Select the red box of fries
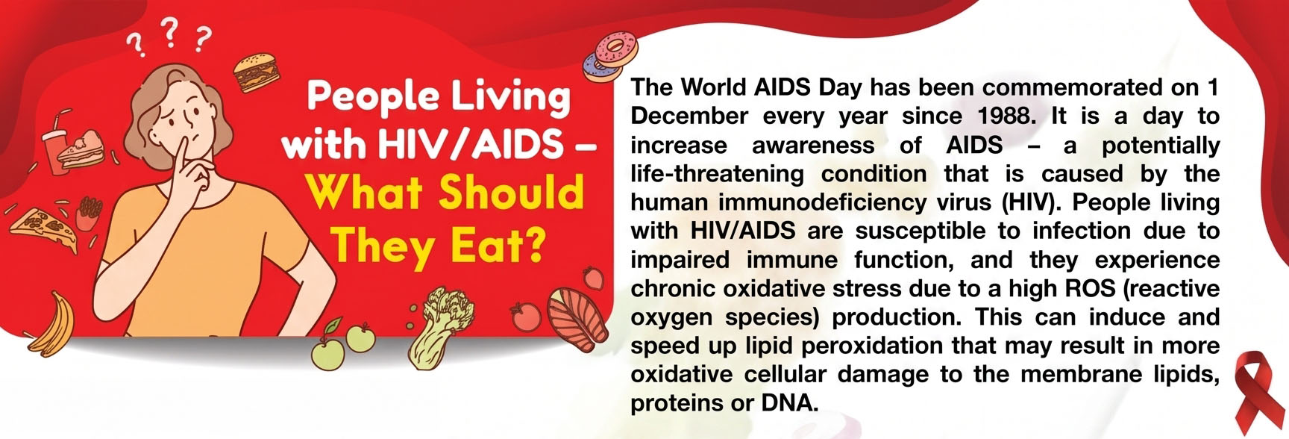click(x=87, y=213)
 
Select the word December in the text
click(x=689, y=116)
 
